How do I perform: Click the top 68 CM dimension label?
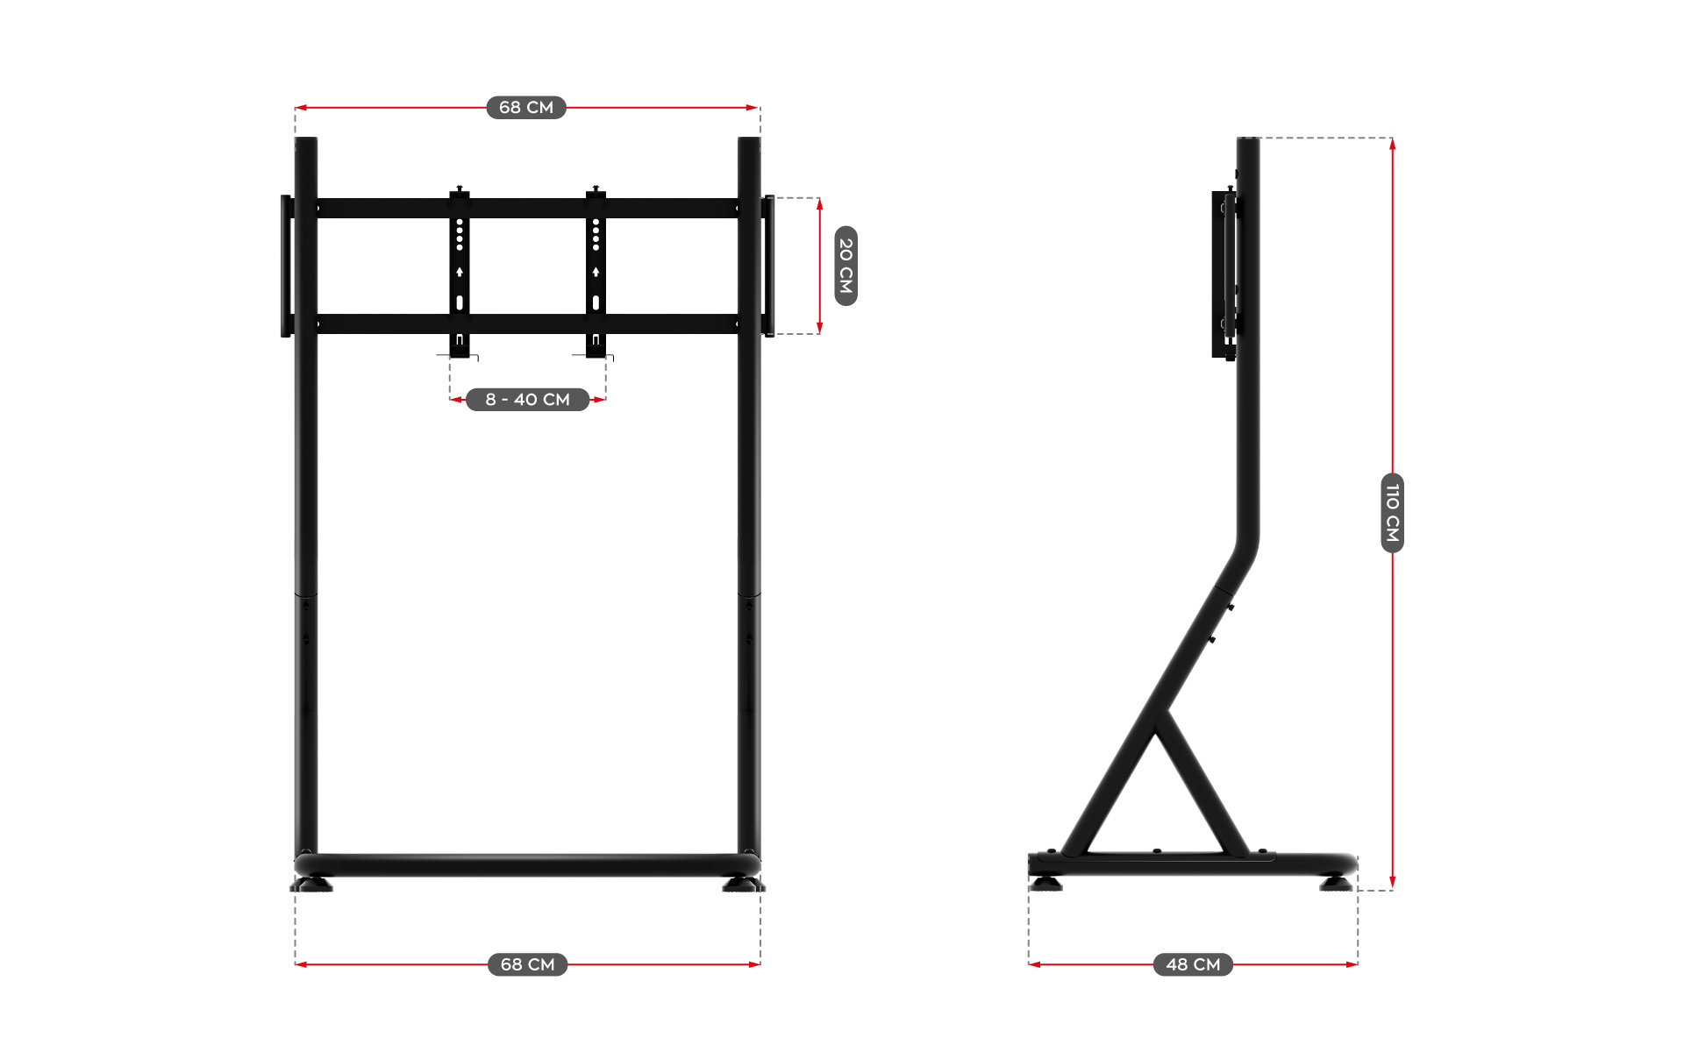click(526, 107)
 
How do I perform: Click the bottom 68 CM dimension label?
click(527, 964)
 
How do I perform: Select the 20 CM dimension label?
click(846, 266)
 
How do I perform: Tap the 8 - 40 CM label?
click(527, 400)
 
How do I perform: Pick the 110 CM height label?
click(1392, 513)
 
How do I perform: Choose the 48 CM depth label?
click(1193, 964)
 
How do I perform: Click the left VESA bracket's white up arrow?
click(460, 273)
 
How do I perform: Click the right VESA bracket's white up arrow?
click(596, 273)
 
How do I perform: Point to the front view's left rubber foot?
click(312, 885)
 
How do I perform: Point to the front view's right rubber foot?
click(742, 885)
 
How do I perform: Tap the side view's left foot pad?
click(1045, 883)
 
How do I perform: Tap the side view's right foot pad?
click(1336, 883)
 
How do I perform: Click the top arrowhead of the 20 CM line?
click(819, 204)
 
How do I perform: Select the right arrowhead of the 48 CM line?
click(1352, 964)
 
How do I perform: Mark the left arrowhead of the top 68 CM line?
click(301, 108)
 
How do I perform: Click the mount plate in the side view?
click(1223, 274)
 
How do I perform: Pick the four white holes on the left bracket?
click(460, 235)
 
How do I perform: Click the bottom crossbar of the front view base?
click(526, 866)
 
